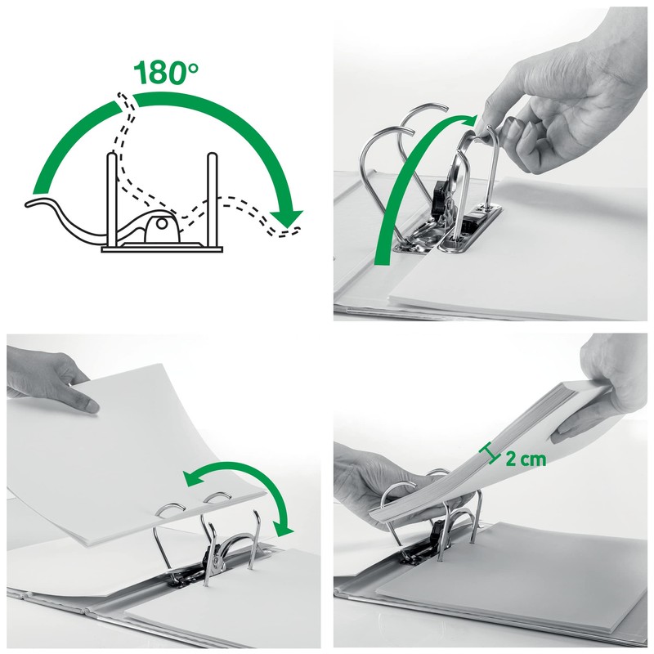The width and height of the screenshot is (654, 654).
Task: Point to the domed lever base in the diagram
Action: pyautogui.click(x=159, y=225)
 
